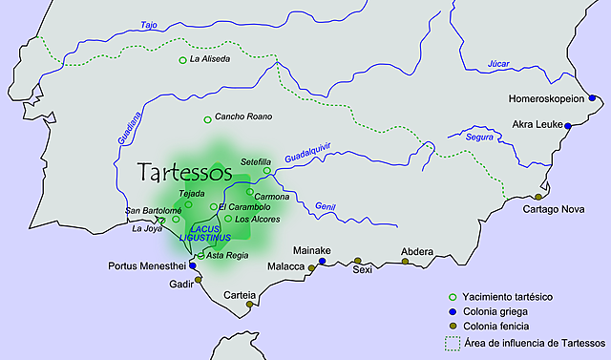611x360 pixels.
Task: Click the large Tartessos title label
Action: coord(185,173)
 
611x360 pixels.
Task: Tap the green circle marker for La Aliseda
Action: coord(182,60)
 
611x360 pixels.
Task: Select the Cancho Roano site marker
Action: coord(207,119)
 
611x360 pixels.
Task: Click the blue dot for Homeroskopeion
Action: coord(592,98)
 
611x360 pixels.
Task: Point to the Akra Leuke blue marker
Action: coord(568,126)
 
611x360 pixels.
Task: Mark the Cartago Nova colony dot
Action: coord(538,197)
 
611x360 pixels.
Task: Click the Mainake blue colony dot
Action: coord(322,261)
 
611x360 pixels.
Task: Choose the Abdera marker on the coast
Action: coord(406,261)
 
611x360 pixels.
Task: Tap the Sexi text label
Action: coord(362,270)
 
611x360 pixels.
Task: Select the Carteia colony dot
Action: coord(249,304)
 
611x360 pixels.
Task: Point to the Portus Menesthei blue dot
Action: coord(193,265)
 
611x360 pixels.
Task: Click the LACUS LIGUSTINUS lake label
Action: coord(211,232)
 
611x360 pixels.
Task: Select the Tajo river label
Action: coord(148,25)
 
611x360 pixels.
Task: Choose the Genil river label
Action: coord(325,206)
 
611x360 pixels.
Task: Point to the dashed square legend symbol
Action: coord(453,342)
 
